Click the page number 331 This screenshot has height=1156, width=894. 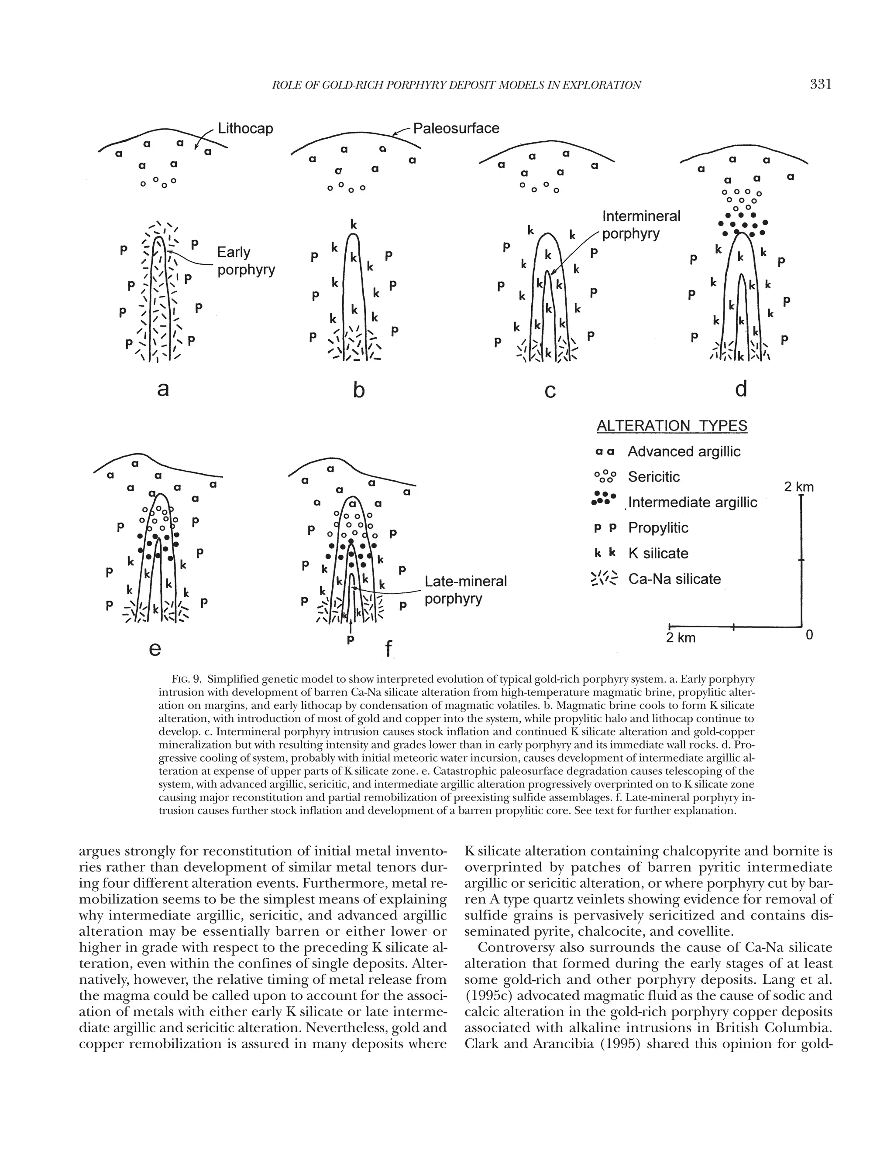[821, 84]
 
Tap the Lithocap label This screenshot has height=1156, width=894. [246, 129]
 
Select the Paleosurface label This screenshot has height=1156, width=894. [456, 128]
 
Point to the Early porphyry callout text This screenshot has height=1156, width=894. [246, 260]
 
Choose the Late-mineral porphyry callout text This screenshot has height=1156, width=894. [465, 590]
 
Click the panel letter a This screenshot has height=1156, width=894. [163, 389]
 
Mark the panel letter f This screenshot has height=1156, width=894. [389, 648]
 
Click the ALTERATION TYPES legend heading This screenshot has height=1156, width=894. [671, 426]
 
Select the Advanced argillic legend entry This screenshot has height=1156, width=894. [684, 451]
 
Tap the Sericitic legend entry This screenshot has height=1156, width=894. [653, 477]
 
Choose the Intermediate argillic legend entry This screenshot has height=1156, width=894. [692, 502]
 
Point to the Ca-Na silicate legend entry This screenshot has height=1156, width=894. [674, 579]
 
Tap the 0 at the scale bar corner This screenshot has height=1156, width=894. [809, 634]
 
